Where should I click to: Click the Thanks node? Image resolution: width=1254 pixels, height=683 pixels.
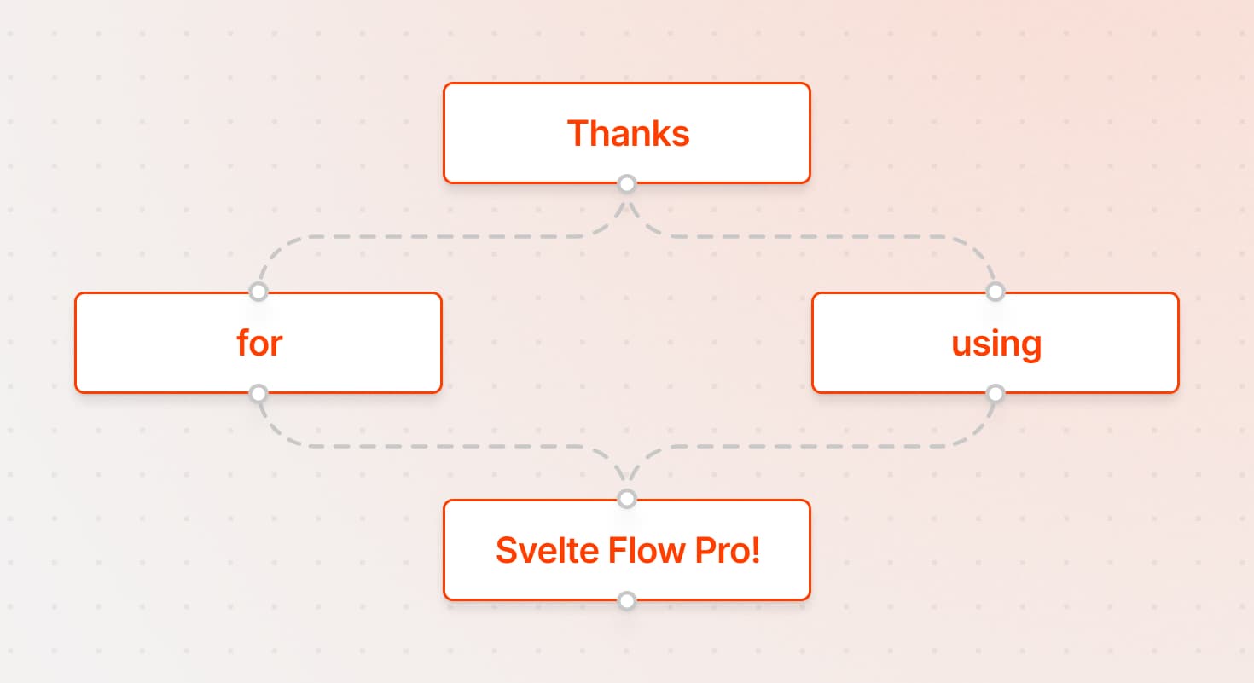point(626,133)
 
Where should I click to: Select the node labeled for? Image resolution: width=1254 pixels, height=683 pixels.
point(258,343)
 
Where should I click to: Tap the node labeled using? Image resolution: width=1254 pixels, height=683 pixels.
point(996,343)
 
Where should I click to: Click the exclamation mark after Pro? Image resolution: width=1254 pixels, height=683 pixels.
point(755,551)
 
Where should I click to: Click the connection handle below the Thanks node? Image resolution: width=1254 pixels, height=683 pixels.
point(627,183)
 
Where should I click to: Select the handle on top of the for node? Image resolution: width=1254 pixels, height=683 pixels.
point(258,292)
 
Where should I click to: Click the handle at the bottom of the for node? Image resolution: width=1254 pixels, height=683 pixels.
point(258,393)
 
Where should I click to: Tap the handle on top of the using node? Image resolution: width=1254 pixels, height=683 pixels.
point(995,292)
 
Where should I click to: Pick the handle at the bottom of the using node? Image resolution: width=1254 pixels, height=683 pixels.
point(995,393)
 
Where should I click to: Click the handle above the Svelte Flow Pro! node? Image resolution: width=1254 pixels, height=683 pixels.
point(627,498)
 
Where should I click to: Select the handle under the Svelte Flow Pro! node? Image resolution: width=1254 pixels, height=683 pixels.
point(627,600)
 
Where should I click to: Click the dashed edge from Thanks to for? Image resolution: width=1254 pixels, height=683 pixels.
point(427,237)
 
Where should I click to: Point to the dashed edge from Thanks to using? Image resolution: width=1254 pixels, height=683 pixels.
point(819,237)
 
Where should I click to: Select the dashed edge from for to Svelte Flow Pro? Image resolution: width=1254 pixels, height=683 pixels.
point(427,446)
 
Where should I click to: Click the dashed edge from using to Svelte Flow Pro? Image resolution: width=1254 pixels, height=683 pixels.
point(819,446)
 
